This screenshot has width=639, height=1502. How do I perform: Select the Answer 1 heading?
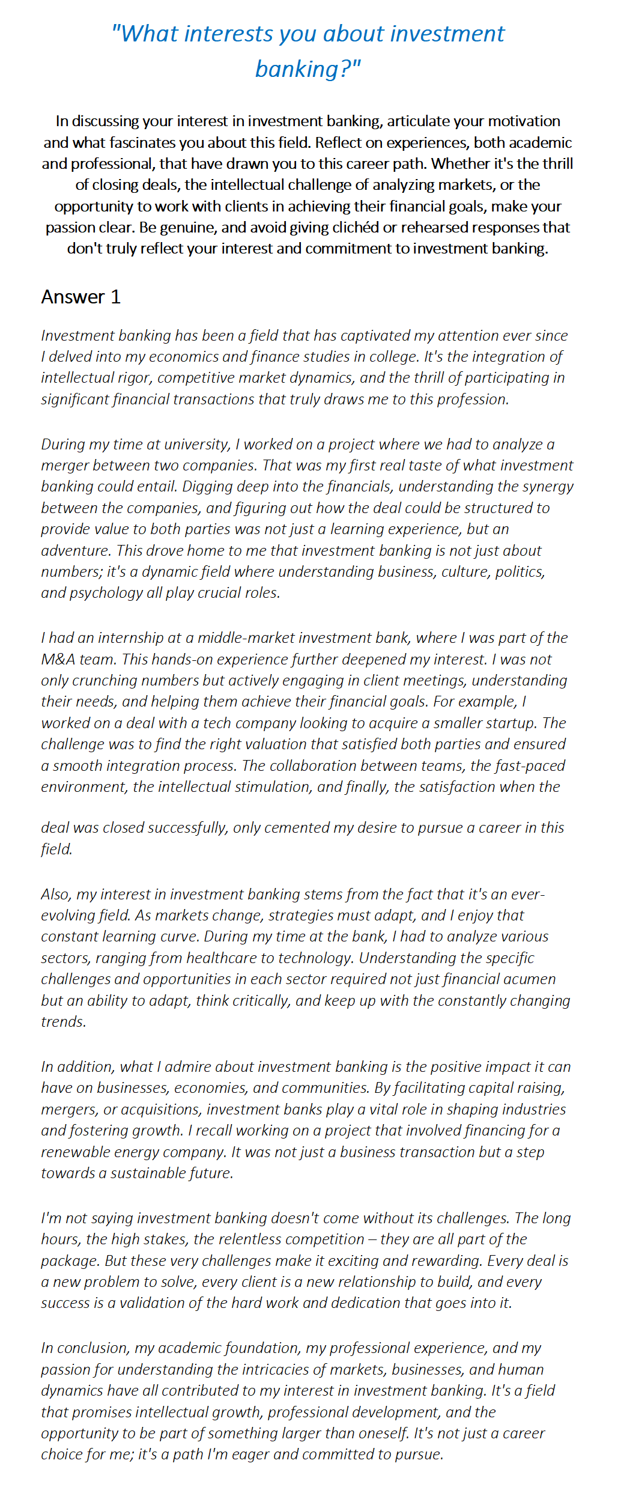(81, 297)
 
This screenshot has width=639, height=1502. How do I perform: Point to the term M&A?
(58, 660)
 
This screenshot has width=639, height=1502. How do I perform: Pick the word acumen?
(528, 979)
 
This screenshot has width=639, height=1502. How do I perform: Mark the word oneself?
(377, 1434)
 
